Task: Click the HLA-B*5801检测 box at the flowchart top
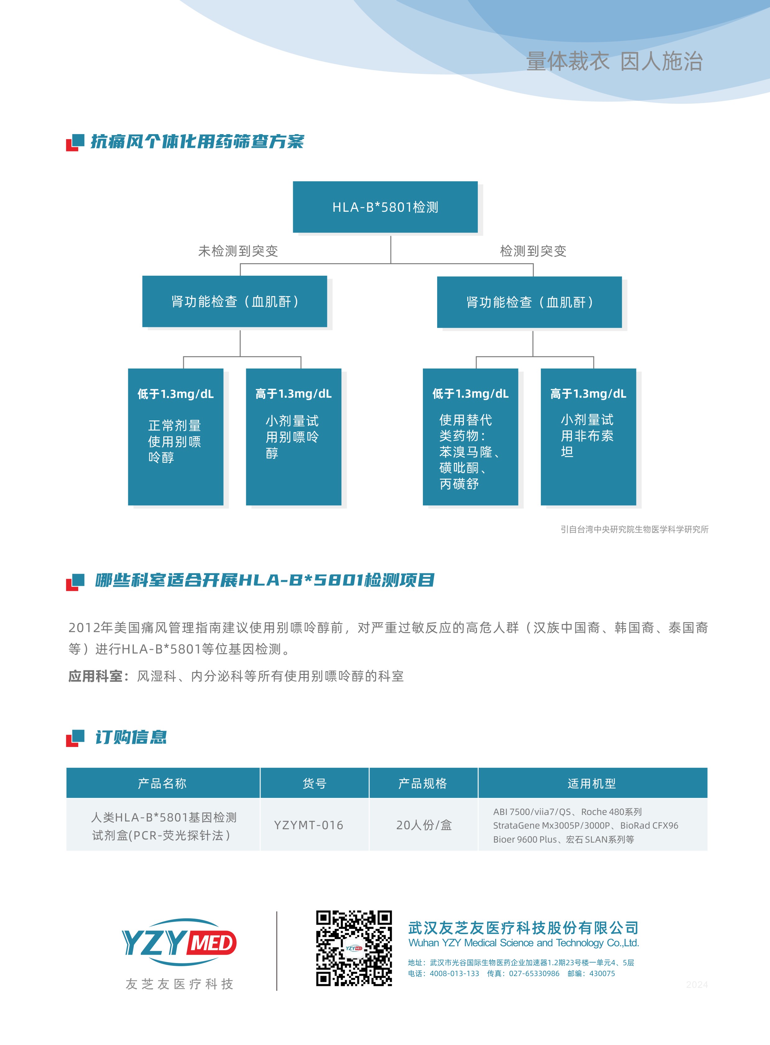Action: pyautogui.click(x=385, y=207)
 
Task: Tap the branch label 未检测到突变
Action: pyautogui.click(x=238, y=251)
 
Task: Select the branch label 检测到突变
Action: pyautogui.click(x=533, y=251)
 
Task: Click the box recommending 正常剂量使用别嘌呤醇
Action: pyautogui.click(x=176, y=437)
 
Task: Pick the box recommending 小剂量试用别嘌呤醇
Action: pyautogui.click(x=294, y=437)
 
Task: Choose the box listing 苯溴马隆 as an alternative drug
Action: pyautogui.click(x=470, y=437)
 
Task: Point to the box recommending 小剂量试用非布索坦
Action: pyautogui.click(x=588, y=437)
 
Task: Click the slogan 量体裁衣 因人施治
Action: pyautogui.click(x=614, y=61)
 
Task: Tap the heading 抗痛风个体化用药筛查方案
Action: pyautogui.click(x=197, y=141)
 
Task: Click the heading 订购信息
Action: pyautogui.click(x=131, y=737)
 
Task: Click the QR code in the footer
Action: pyautogui.click(x=354, y=948)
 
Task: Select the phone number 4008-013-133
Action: pyautogui.click(x=455, y=973)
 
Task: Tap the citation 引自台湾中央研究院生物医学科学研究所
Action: pyautogui.click(x=634, y=529)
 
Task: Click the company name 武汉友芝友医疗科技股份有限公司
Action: pyautogui.click(x=523, y=928)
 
